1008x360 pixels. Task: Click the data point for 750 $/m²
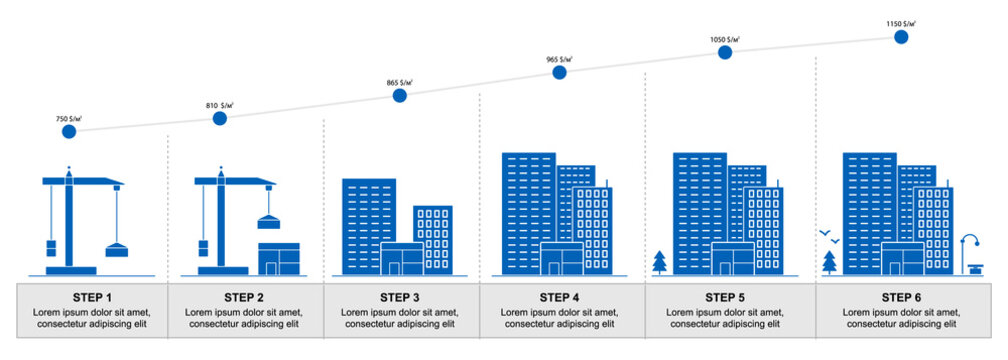coord(69,131)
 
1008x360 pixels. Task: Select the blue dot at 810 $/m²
coord(220,118)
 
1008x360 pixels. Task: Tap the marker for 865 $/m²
coord(399,96)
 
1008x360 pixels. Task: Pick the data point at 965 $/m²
coord(559,72)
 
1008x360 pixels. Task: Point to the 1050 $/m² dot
coord(725,52)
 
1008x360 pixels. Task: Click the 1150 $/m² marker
coord(901,37)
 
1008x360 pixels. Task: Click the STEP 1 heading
coord(92,297)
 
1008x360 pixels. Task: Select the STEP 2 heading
coord(244,297)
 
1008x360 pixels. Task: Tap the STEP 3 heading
coord(400,297)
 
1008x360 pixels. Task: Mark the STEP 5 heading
coord(725,297)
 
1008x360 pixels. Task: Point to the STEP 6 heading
coord(901,297)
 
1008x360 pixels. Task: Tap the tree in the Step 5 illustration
coord(660,262)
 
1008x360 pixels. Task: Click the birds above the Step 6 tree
coord(829,236)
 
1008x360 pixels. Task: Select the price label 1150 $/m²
coord(901,22)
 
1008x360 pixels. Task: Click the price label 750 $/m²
coord(69,118)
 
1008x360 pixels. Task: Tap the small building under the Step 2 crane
coord(279,258)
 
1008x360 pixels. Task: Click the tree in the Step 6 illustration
coord(830,262)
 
